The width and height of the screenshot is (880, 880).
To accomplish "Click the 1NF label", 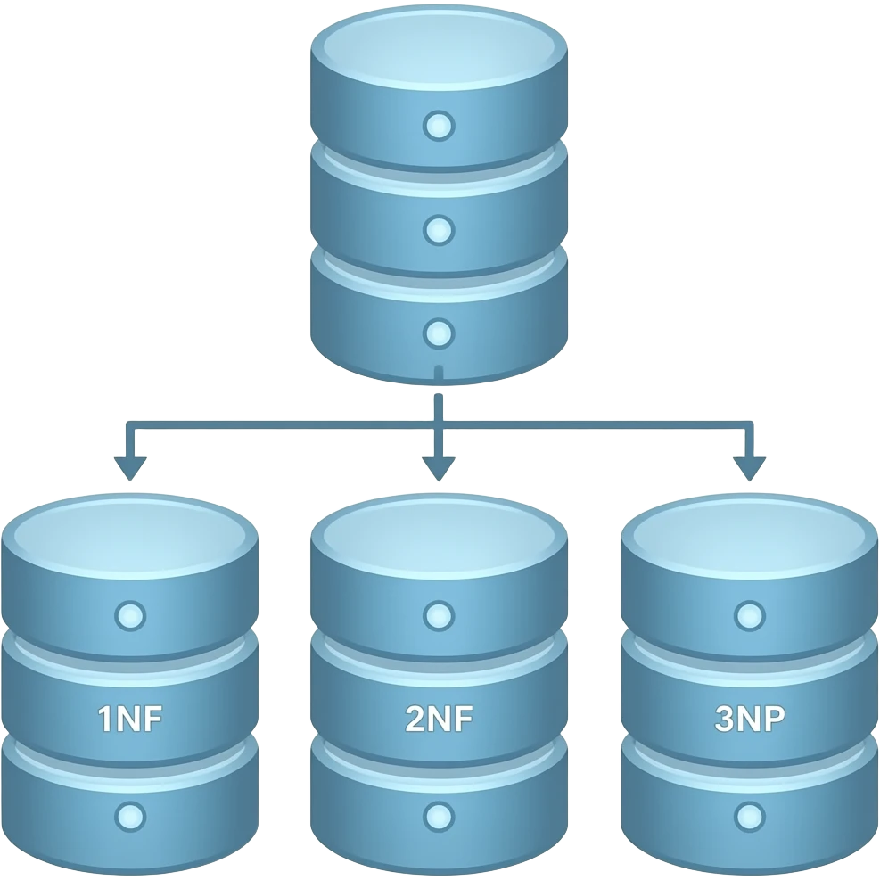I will pos(130,719).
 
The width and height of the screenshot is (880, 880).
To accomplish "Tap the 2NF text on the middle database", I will pos(438,719).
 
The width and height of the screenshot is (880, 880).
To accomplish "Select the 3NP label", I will pos(750,719).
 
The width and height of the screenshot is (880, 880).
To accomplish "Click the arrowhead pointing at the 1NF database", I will pos(130,465).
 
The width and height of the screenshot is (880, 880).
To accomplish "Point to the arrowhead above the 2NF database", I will pos(438,465).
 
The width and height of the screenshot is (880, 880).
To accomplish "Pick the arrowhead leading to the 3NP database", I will pos(750,465).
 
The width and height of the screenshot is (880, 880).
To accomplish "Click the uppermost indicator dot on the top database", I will pos(438,126).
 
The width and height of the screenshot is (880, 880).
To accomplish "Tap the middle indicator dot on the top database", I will pos(438,230).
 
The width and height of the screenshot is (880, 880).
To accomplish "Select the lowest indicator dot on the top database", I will pos(438,334).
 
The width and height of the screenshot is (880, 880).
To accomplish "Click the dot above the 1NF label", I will pos(130,615).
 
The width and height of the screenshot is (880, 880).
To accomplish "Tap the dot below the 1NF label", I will pos(130,815).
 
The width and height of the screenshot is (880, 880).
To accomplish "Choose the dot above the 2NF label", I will pos(438,615).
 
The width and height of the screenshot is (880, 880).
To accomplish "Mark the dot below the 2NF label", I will pos(438,815).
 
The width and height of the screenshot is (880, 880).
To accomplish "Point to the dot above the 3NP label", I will pos(750,615).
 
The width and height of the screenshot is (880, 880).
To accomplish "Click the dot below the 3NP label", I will pos(750,815).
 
